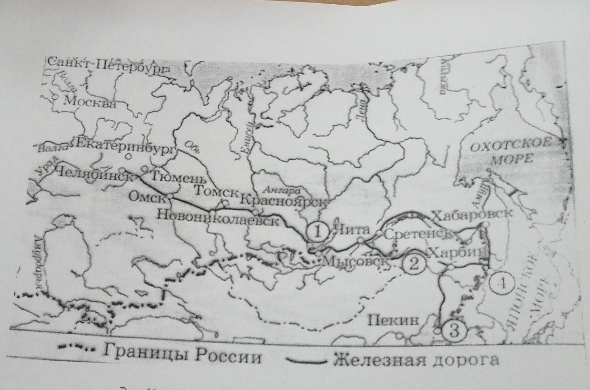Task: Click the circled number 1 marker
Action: pos(318,230)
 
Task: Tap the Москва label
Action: pos(89,102)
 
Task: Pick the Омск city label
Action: pos(147,197)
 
